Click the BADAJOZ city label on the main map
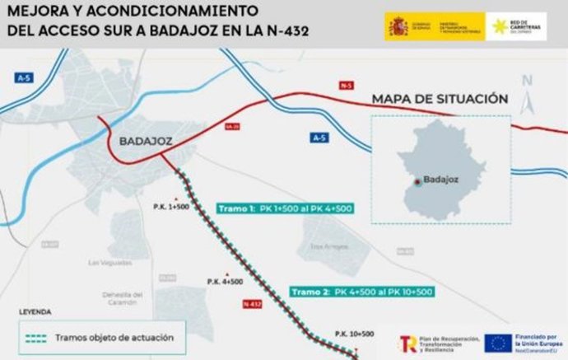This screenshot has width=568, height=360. click(x=145, y=141)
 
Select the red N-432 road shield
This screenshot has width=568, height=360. click(x=253, y=304)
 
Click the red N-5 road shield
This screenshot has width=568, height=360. click(x=346, y=84)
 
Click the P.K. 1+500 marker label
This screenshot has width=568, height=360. click(x=171, y=206)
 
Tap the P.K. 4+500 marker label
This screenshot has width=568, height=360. click(x=225, y=282)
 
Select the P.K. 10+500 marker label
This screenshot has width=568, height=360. click(x=354, y=334)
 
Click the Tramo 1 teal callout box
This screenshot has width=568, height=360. click(x=284, y=208)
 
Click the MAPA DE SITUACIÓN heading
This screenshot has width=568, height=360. click(x=440, y=99)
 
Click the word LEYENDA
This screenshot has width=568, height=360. click(x=35, y=312)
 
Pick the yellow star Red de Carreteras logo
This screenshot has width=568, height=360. click(x=499, y=26)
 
